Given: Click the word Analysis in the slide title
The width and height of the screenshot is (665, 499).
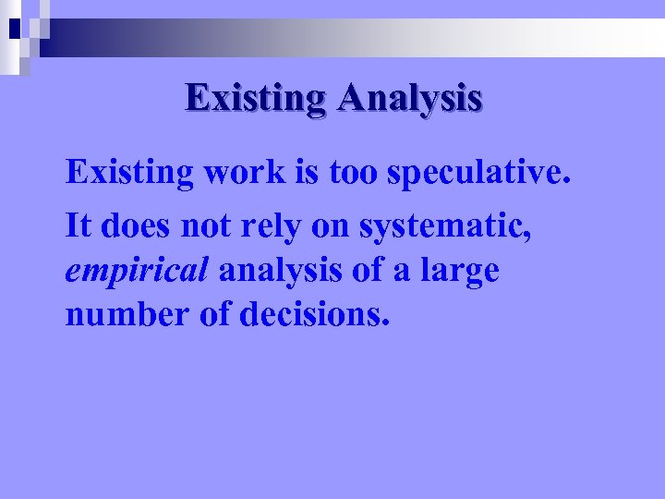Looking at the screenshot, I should click(409, 98).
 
